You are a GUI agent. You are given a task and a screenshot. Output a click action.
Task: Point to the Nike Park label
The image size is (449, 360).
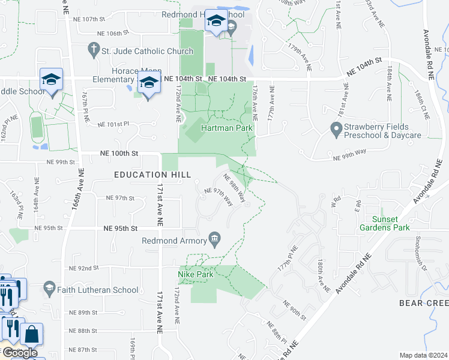tap(196, 274)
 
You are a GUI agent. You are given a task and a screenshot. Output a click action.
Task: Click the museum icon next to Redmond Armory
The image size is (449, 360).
tap(214, 241)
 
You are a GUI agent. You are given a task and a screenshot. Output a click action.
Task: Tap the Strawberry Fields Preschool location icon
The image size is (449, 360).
tap(336, 128)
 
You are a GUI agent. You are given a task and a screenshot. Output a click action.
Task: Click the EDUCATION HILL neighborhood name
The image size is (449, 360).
tap(153, 175)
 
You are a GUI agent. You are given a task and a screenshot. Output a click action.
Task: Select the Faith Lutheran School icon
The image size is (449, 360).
tap(49, 289)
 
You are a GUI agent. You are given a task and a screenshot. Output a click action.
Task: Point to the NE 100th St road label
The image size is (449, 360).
tap(116, 154)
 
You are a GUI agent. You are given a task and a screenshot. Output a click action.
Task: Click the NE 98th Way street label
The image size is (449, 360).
tap(234, 187)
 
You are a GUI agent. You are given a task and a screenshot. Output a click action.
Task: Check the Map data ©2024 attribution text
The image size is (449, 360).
tap(423, 355)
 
